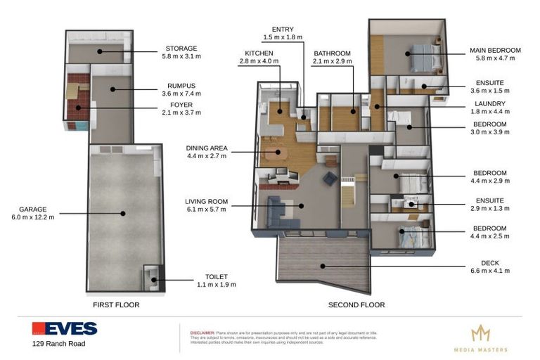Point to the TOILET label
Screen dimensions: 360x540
[216, 277]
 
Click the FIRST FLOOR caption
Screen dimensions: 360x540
[116, 305]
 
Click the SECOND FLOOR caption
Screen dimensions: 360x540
[356, 305]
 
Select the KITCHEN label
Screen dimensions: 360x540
[258, 53]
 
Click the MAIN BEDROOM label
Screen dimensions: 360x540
[495, 50]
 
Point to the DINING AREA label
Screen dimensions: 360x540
[207, 148]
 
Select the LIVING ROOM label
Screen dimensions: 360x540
[207, 201]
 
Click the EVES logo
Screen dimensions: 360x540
[64, 328]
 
